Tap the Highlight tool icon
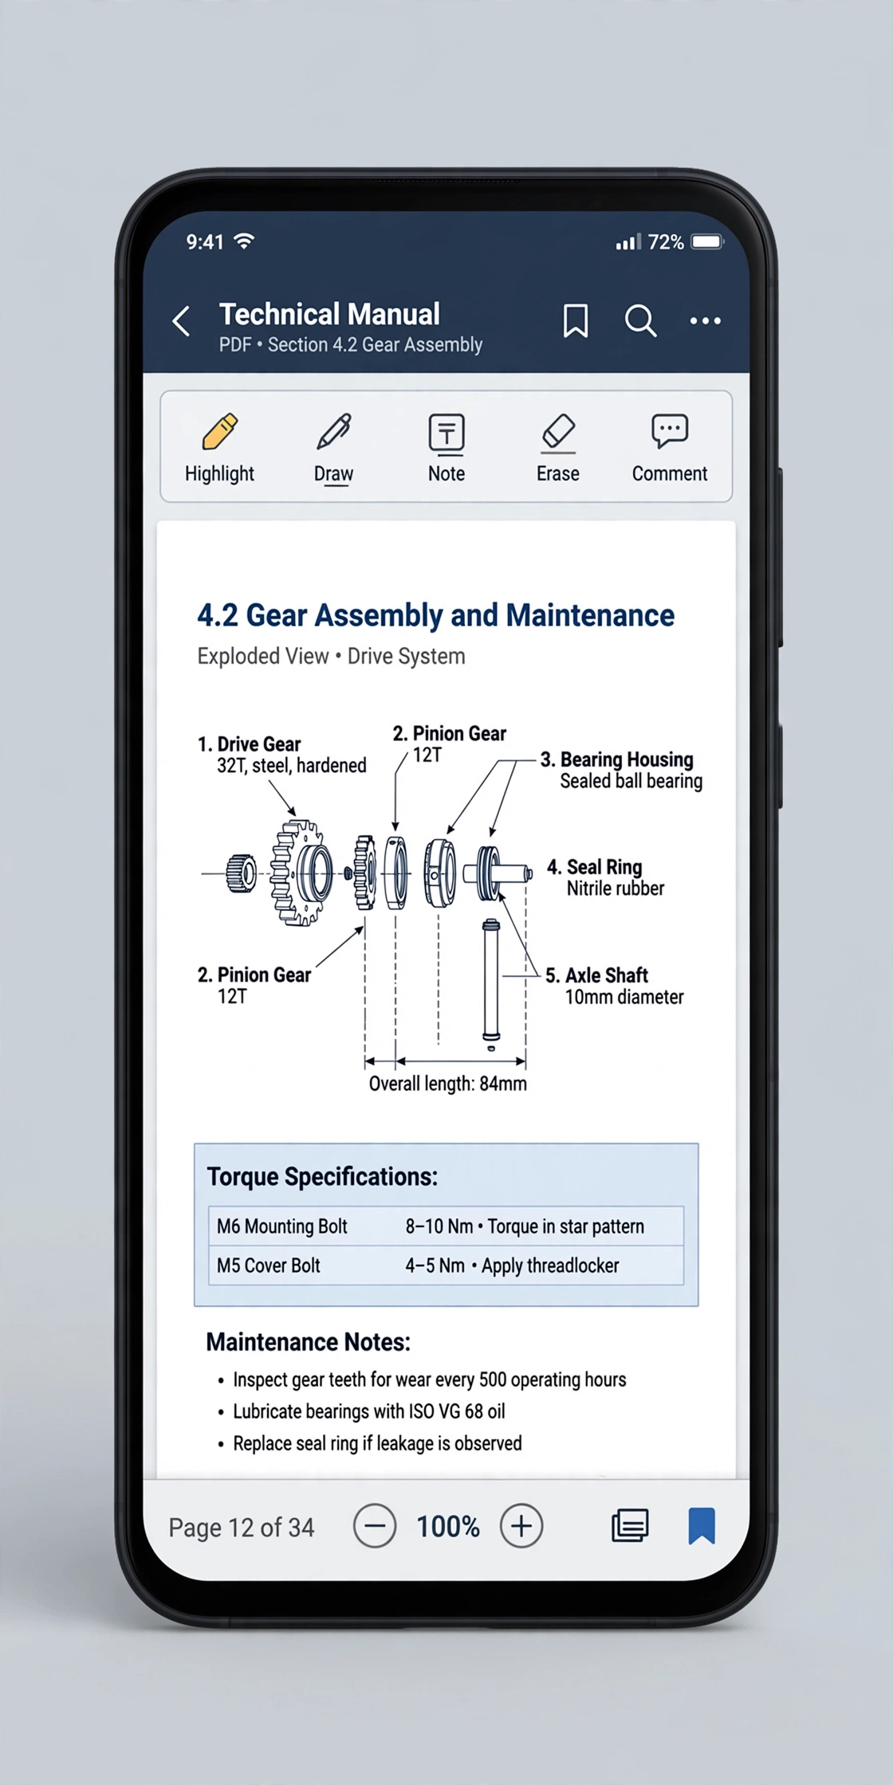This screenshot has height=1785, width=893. tap(220, 431)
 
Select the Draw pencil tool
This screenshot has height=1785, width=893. tap(334, 431)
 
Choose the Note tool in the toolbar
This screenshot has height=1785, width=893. tap(447, 433)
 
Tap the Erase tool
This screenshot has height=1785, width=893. tap(558, 433)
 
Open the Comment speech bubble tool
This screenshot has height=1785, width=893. tap(670, 431)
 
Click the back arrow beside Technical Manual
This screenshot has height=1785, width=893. tap(182, 321)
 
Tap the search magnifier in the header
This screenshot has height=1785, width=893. tap(640, 321)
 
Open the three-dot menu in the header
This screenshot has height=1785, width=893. tap(706, 320)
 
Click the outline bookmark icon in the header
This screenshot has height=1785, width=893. tap(576, 320)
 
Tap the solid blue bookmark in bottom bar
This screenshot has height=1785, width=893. tap(702, 1525)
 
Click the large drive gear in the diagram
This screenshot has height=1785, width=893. tap(301, 873)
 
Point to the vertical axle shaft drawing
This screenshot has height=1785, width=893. tap(491, 980)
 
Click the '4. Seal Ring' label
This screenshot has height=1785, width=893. tap(594, 867)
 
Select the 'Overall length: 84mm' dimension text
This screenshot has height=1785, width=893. tap(447, 1084)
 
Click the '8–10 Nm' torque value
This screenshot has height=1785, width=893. tap(439, 1226)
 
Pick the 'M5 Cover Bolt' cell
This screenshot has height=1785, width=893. tap(269, 1265)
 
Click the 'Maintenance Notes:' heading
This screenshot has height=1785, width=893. tap(308, 1342)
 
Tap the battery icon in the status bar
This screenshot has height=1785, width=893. tap(707, 241)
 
